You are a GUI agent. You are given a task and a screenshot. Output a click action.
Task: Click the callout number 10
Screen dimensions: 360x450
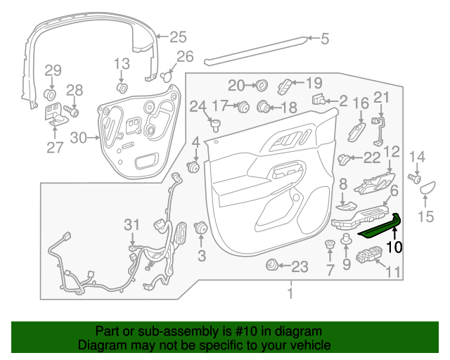click(394, 247)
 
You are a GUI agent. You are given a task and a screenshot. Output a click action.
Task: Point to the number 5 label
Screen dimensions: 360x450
click(324, 39)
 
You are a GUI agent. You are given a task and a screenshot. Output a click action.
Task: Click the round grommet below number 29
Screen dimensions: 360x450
click(51, 94)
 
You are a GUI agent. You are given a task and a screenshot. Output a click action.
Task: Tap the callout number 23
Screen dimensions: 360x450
click(300, 266)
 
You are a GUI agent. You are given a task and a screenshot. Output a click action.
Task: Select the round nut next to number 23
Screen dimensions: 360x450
click(271, 266)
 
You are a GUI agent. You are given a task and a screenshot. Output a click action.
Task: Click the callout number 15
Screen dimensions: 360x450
click(426, 217)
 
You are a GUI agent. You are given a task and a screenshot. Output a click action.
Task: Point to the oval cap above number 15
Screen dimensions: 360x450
click(427, 187)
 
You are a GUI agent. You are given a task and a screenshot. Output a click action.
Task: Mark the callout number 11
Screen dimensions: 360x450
click(393, 271)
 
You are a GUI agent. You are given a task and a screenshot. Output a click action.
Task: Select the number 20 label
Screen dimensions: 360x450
click(236, 85)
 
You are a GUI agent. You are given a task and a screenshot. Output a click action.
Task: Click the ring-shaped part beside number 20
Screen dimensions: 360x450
click(260, 86)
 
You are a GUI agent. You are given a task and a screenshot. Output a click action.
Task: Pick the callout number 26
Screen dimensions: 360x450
click(184, 56)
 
